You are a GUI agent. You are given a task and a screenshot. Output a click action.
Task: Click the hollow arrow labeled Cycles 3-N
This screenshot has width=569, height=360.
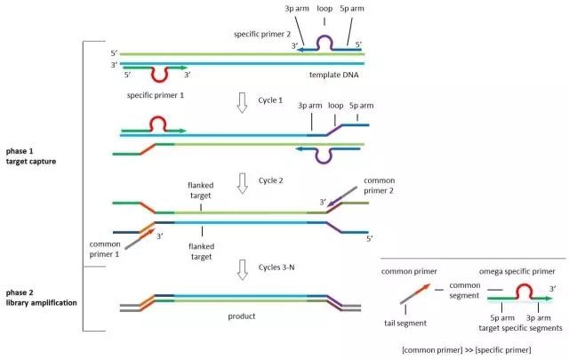tap(237, 268)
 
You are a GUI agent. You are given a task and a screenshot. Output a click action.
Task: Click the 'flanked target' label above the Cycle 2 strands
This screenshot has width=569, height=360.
tap(201, 191)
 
